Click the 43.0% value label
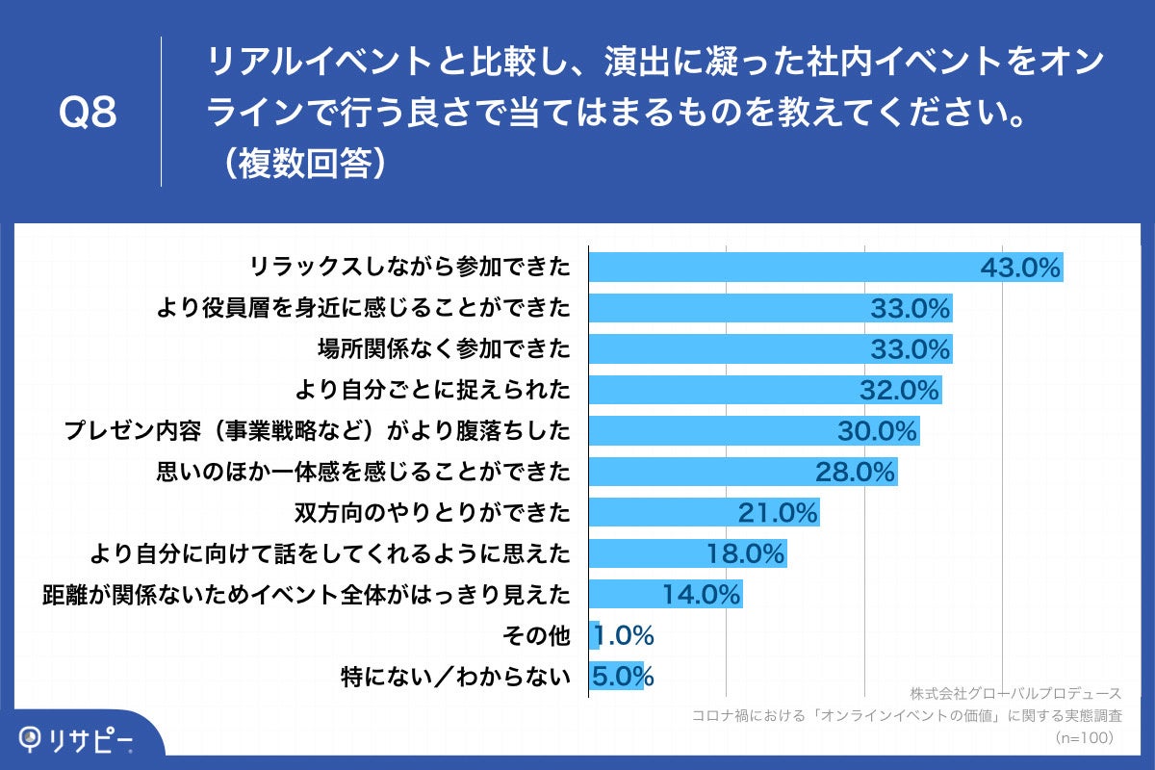(1019, 267)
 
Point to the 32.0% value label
(899, 390)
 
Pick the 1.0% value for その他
(625, 635)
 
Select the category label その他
(536, 635)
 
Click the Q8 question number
(89, 113)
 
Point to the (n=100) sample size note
(1085, 737)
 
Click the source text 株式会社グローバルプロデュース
(1015, 693)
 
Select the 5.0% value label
(623, 677)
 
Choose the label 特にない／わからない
(455, 677)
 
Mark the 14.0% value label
(702, 595)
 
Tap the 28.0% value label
(857, 472)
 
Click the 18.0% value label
(747, 553)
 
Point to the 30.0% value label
(877, 431)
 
